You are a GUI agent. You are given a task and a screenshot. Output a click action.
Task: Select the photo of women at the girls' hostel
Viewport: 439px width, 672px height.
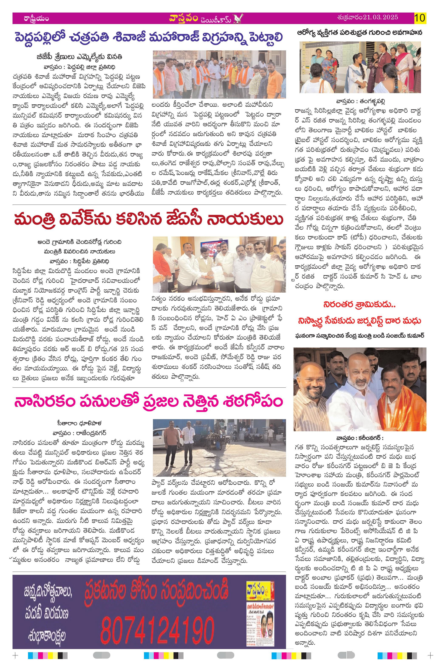[x=360, y=67]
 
